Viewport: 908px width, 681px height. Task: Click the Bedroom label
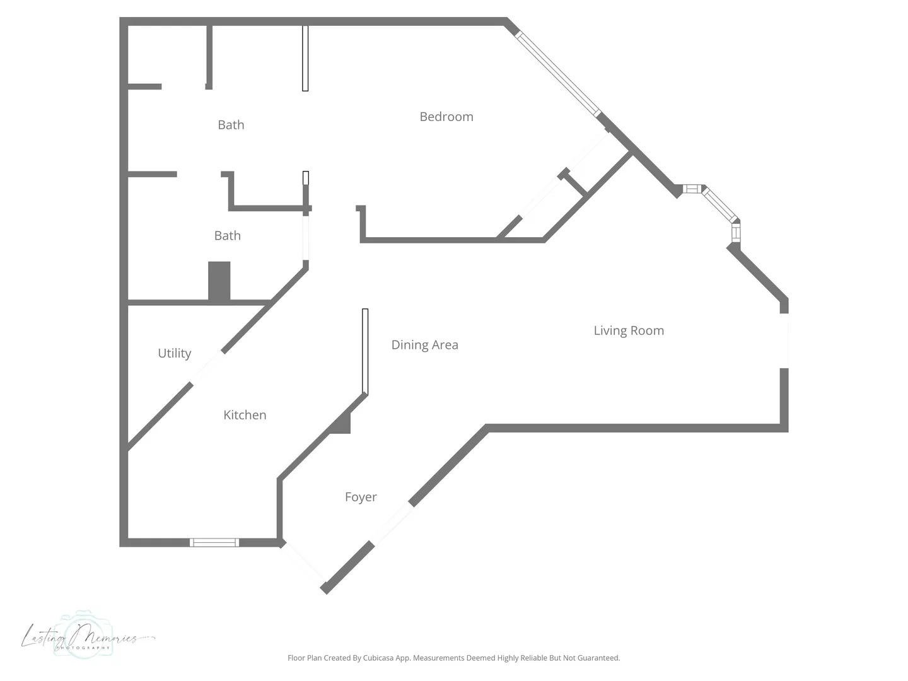(x=446, y=117)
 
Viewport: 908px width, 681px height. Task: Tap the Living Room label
(x=629, y=331)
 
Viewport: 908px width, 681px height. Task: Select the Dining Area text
(x=425, y=345)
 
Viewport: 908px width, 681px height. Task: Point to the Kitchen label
(x=245, y=415)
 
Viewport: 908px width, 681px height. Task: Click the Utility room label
(x=175, y=353)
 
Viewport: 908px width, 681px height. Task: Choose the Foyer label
(x=361, y=497)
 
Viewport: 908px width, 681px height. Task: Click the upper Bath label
(x=231, y=125)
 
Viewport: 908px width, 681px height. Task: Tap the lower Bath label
(x=228, y=236)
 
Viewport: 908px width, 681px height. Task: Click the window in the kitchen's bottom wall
(x=214, y=542)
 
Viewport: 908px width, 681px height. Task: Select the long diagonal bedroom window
(x=557, y=74)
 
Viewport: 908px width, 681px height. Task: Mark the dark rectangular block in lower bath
(x=219, y=281)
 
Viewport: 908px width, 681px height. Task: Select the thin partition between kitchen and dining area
(x=365, y=351)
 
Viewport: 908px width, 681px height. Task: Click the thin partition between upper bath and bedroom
(x=305, y=58)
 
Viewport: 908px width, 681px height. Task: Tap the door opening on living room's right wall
(x=784, y=340)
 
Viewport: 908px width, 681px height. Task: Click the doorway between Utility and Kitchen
(x=207, y=367)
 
